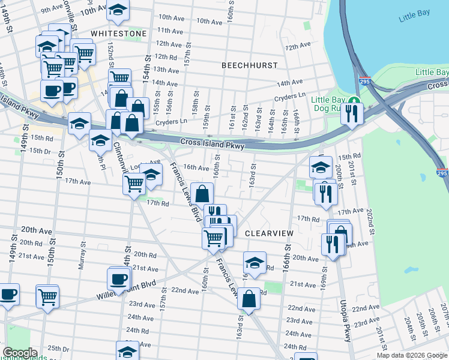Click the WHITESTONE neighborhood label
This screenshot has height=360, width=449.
pos(119,34)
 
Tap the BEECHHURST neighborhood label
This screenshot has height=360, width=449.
pos(249,65)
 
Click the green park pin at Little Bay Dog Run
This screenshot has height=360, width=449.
pos(355,100)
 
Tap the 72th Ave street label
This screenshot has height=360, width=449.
pos(298,46)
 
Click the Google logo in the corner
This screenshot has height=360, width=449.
pos(20,353)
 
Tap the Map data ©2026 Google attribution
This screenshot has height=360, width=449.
pos(412,355)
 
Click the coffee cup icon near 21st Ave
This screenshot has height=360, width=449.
pos(118,278)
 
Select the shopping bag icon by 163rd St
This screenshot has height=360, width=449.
pos(249,298)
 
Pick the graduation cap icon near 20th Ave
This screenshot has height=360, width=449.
pos(255,262)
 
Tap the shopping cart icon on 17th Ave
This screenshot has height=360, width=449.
pos(133,183)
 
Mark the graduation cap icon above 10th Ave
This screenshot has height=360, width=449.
pos(118,10)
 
